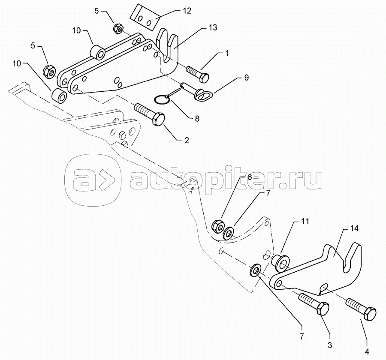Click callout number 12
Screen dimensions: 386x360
coord(187,11)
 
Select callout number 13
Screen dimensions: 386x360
coord(213,27)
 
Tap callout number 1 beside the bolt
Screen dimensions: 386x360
coord(226,53)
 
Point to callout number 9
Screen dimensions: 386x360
coord(246,78)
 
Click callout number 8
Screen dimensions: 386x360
coord(197,119)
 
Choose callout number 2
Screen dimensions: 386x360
coord(187,140)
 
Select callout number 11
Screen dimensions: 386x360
coord(305,222)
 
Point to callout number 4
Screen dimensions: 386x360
coord(367,352)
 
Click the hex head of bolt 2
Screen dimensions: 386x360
coord(158,120)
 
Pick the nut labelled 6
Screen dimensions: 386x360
coord(217,225)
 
